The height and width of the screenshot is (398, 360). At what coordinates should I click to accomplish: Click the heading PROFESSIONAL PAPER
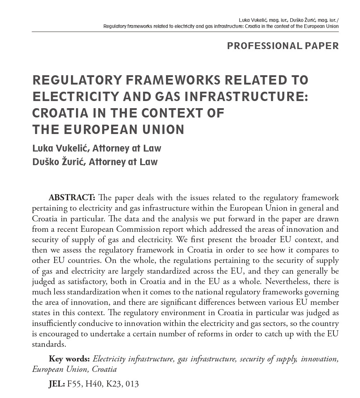pos(283,46)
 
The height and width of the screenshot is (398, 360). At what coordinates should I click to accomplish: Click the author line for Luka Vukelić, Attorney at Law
pos(97,148)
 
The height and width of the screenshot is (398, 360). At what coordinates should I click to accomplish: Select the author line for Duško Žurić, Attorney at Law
pos(95,162)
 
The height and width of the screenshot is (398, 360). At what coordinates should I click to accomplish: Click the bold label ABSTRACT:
pos(72,198)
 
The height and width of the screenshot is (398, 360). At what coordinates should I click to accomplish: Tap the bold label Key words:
pos(69,359)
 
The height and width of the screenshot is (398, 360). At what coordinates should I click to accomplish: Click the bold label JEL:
pos(57,384)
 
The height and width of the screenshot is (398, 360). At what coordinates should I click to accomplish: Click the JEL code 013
pos(132,384)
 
